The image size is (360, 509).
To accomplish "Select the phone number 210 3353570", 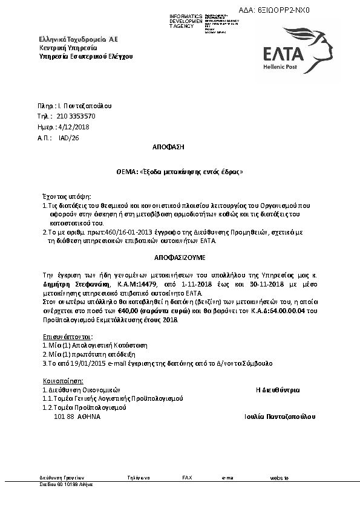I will (76, 116).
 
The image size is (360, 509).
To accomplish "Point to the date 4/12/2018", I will (73, 127).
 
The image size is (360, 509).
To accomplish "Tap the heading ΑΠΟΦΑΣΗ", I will (168, 147).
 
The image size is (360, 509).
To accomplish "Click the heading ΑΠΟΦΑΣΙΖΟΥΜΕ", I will (180, 257).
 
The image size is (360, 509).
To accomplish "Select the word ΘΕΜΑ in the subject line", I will (125, 172).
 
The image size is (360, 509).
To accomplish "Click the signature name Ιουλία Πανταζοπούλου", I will (280, 417).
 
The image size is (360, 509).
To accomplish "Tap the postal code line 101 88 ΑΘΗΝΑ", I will (77, 417).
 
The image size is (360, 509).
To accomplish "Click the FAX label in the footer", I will (187, 478).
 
